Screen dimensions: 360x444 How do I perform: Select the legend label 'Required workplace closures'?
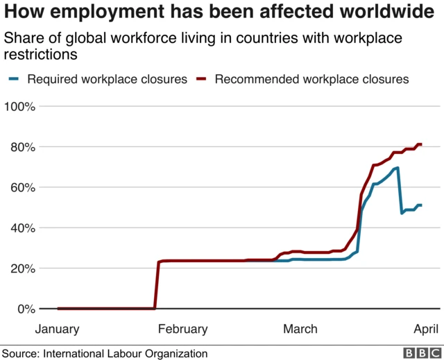click(x=108, y=79)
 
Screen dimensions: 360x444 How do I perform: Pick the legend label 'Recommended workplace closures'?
click(x=312, y=79)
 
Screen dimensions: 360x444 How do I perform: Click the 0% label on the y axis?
click(x=26, y=309)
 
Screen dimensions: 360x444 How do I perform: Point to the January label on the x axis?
click(x=57, y=329)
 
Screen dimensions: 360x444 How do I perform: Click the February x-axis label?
click(x=183, y=329)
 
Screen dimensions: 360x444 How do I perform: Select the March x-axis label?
click(x=301, y=329)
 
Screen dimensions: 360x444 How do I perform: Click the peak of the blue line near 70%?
click(x=397, y=168)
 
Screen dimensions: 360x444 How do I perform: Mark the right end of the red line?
click(x=421, y=144)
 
